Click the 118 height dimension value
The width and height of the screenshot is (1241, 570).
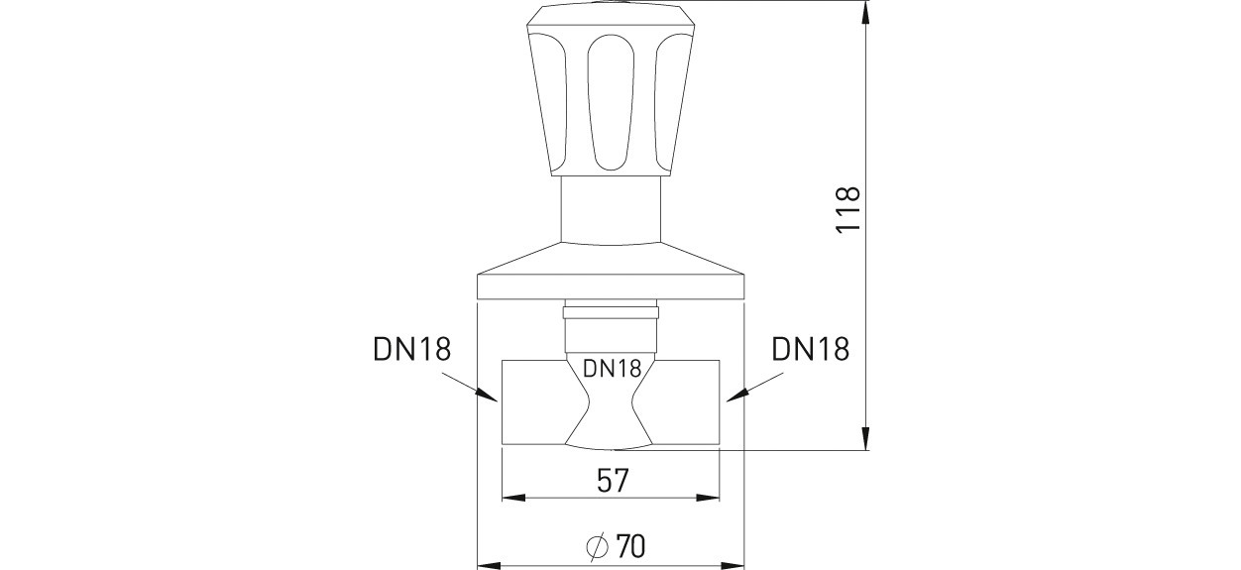(x=848, y=209)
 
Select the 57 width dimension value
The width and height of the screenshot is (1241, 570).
(x=613, y=481)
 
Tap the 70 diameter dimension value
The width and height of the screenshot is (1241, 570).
(x=630, y=547)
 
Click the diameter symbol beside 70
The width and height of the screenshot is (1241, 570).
(x=598, y=547)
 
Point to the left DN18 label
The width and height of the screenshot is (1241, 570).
(x=412, y=350)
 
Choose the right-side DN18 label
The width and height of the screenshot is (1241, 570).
(x=811, y=350)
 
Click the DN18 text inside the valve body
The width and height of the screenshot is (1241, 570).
(x=612, y=369)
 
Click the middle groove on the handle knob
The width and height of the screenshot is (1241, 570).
(x=610, y=102)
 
